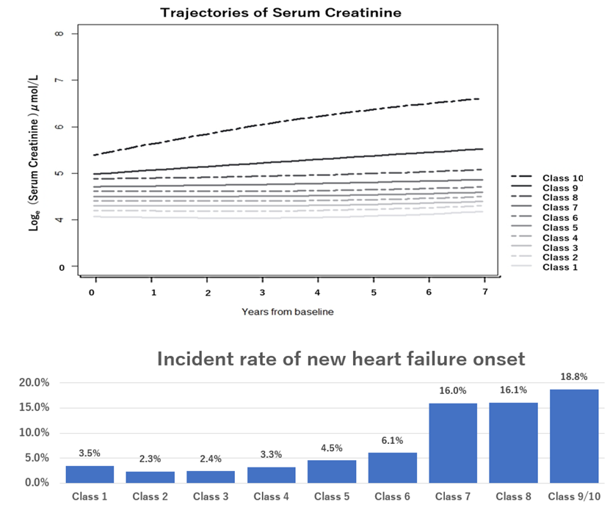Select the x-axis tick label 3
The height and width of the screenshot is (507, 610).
(x=262, y=292)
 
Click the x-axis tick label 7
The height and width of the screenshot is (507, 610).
(x=484, y=292)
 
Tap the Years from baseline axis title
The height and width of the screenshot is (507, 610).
(x=288, y=312)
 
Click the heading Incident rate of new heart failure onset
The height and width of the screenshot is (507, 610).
(x=341, y=360)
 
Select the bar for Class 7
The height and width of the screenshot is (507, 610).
(x=453, y=442)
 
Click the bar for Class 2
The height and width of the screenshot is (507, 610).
(x=150, y=477)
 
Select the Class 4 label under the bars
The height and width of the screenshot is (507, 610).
(x=271, y=497)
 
